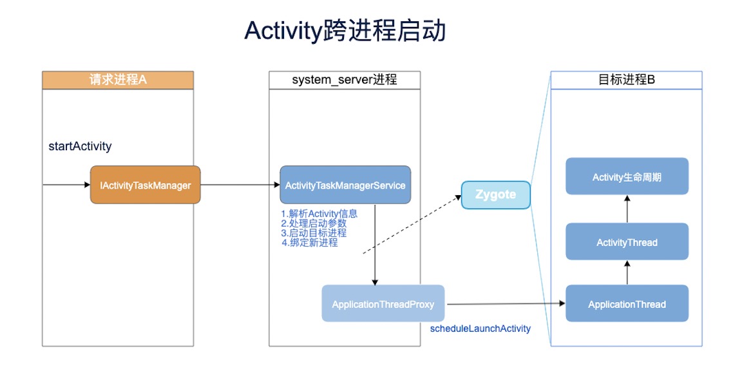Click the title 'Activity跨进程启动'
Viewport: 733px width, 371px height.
(345, 32)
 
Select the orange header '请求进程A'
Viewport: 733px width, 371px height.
(118, 80)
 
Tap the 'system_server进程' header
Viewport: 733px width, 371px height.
(345, 80)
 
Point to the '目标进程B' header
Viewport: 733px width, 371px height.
(627, 80)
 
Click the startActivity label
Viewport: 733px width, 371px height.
(80, 146)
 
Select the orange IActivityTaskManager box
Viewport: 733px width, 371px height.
(146, 185)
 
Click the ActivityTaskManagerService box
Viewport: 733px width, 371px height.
(345, 185)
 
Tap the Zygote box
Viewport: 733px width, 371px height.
(496, 195)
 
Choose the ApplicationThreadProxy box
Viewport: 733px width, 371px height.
(383, 304)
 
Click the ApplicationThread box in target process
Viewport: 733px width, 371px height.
(627, 304)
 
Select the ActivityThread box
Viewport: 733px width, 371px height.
(627, 242)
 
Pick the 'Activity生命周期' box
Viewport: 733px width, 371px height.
(627, 176)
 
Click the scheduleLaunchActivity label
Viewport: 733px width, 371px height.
(480, 329)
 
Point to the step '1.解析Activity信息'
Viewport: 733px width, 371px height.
(319, 214)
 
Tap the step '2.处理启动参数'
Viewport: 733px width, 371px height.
(314, 224)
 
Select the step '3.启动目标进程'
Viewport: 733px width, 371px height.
(314, 233)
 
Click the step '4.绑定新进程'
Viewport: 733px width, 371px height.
(309, 243)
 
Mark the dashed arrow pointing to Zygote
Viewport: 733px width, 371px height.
(412, 224)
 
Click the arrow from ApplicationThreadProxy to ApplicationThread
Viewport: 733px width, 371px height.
(506, 304)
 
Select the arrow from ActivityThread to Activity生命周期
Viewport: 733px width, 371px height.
(627, 209)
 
